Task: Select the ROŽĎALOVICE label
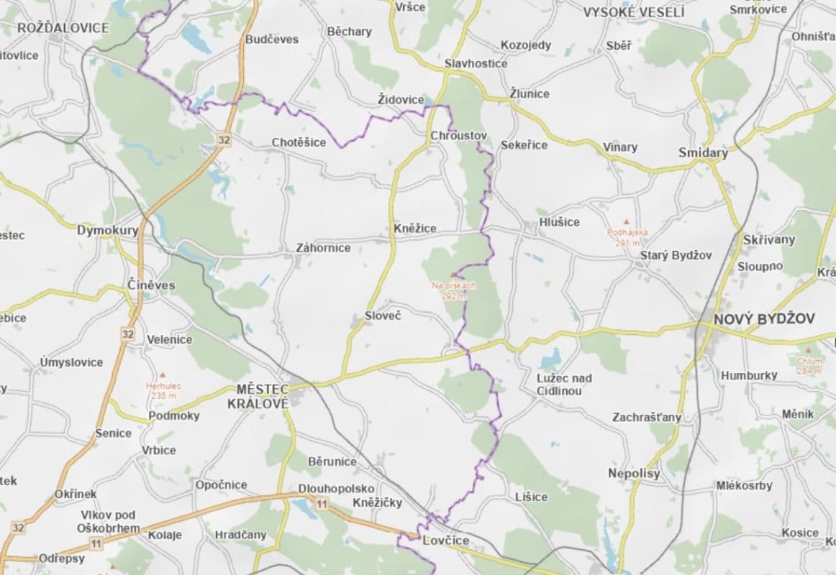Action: click(x=63, y=28)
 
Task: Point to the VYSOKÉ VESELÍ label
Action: click(x=634, y=12)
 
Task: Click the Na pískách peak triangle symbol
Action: click(x=453, y=275)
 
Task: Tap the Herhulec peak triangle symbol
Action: click(x=163, y=375)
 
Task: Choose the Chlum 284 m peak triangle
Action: click(x=809, y=351)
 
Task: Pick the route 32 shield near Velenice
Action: click(x=127, y=333)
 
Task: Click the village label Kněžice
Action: click(x=415, y=229)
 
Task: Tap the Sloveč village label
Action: click(x=382, y=316)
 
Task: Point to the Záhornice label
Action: click(x=323, y=248)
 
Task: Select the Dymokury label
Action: click(x=107, y=231)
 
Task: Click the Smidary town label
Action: click(x=703, y=152)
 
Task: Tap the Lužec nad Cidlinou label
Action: click(x=564, y=385)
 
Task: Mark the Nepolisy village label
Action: click(x=633, y=473)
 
